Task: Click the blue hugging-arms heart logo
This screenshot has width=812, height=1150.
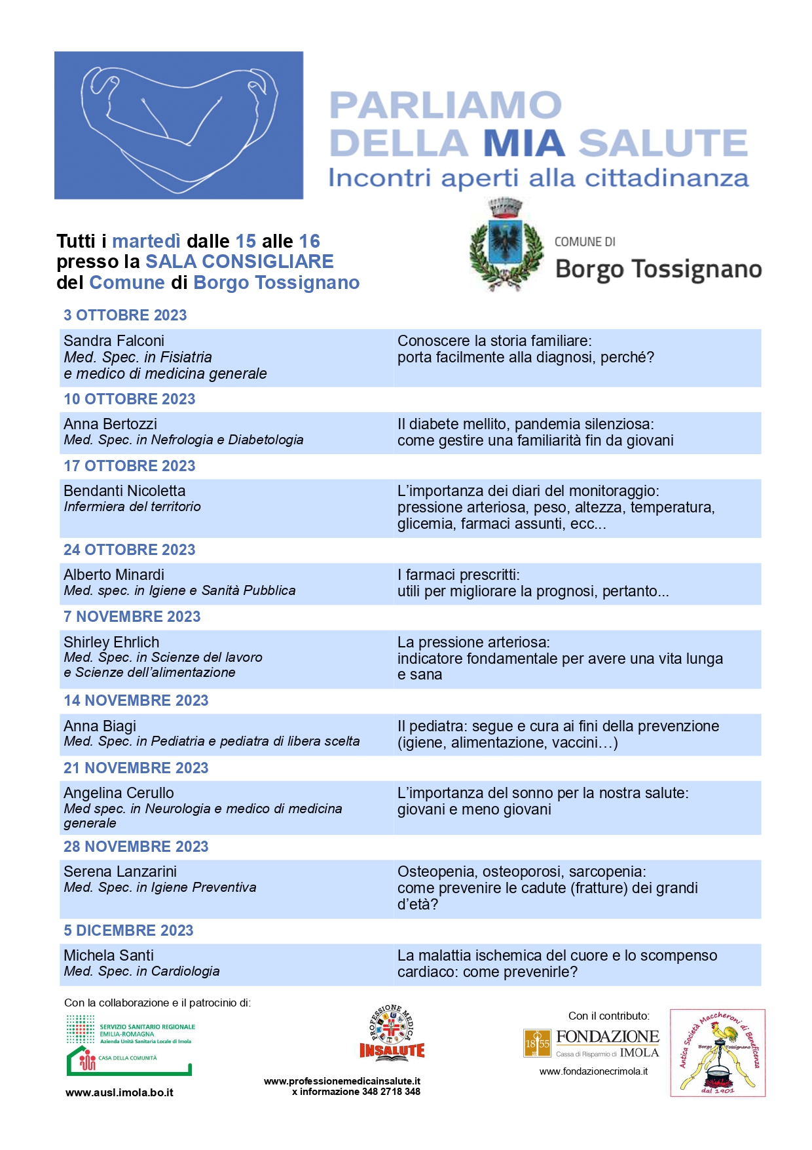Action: tap(178, 125)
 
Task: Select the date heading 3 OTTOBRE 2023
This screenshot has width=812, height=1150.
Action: tap(125, 315)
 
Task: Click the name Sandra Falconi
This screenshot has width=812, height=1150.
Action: tap(114, 341)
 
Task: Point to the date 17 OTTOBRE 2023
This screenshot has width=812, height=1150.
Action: tap(129, 466)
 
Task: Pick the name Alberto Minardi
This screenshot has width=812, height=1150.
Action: tap(114, 575)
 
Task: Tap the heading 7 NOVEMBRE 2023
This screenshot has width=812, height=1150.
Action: tap(132, 617)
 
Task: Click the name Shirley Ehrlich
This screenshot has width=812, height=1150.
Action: tap(111, 642)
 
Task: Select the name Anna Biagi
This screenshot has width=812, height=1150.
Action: tap(100, 726)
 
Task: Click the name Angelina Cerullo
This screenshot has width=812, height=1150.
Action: tap(119, 793)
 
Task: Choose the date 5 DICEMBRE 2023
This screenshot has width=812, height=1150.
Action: tap(128, 930)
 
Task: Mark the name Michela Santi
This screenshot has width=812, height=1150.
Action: tap(109, 955)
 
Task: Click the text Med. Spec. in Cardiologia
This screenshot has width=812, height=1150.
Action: tap(141, 971)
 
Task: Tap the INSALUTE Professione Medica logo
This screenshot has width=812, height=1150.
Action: tap(392, 1033)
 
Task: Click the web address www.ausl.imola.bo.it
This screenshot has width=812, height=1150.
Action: tap(119, 1092)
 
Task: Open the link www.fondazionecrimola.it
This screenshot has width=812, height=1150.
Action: tap(593, 1071)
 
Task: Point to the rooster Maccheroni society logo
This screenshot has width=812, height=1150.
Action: tap(718, 1053)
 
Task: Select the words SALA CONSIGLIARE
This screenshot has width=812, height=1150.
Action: tap(239, 261)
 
